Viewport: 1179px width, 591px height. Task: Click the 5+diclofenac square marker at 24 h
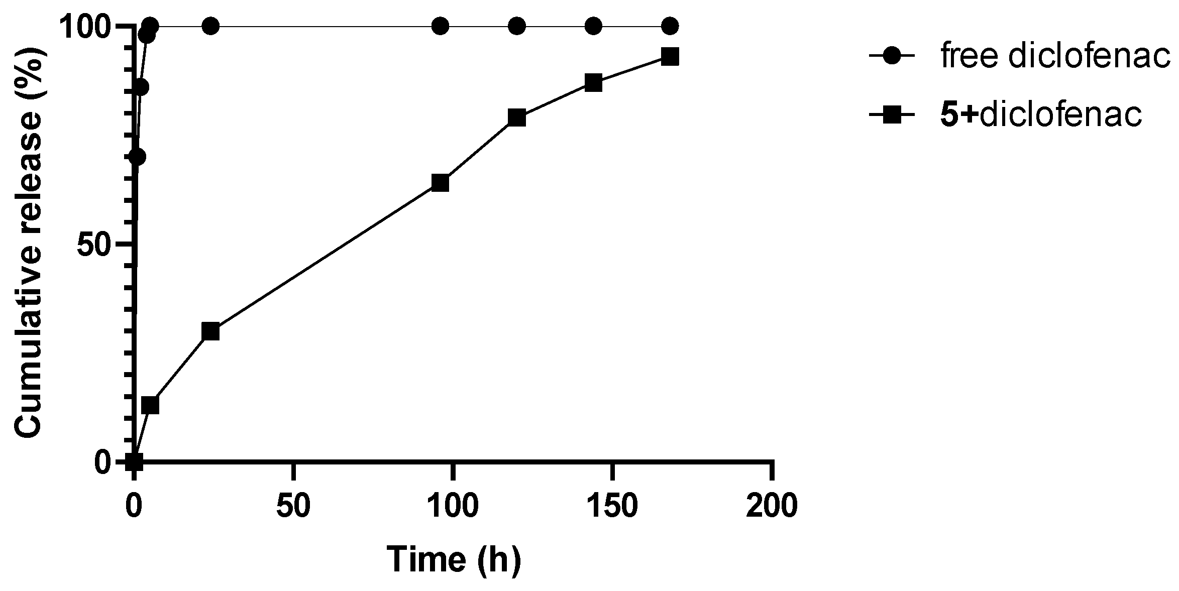coord(210,331)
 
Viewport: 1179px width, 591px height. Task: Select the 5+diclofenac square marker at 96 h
coord(440,183)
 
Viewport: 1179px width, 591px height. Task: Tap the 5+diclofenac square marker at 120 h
coord(517,118)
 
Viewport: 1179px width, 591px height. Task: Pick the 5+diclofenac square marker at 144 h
coord(593,83)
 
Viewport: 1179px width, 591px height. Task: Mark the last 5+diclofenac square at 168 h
coord(670,57)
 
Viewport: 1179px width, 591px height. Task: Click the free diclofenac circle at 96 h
coord(440,26)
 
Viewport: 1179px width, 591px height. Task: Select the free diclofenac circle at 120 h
coord(517,26)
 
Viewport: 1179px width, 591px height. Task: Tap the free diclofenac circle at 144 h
coord(593,26)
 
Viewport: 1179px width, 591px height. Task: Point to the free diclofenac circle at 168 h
coord(670,26)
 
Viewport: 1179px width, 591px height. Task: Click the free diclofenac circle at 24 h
coord(210,26)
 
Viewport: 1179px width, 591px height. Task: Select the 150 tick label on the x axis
coord(612,506)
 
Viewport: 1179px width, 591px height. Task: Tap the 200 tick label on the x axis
coord(772,506)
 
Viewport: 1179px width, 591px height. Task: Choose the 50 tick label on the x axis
coord(293,506)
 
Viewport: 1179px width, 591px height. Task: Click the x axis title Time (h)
coord(454,559)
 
